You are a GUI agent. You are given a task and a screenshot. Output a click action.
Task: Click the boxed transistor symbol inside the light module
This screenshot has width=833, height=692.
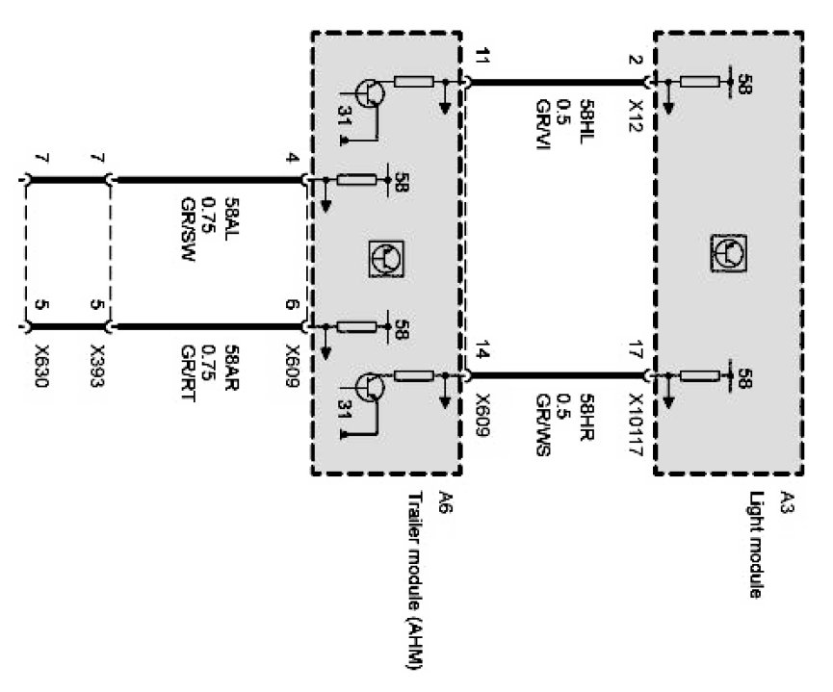point(728,252)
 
